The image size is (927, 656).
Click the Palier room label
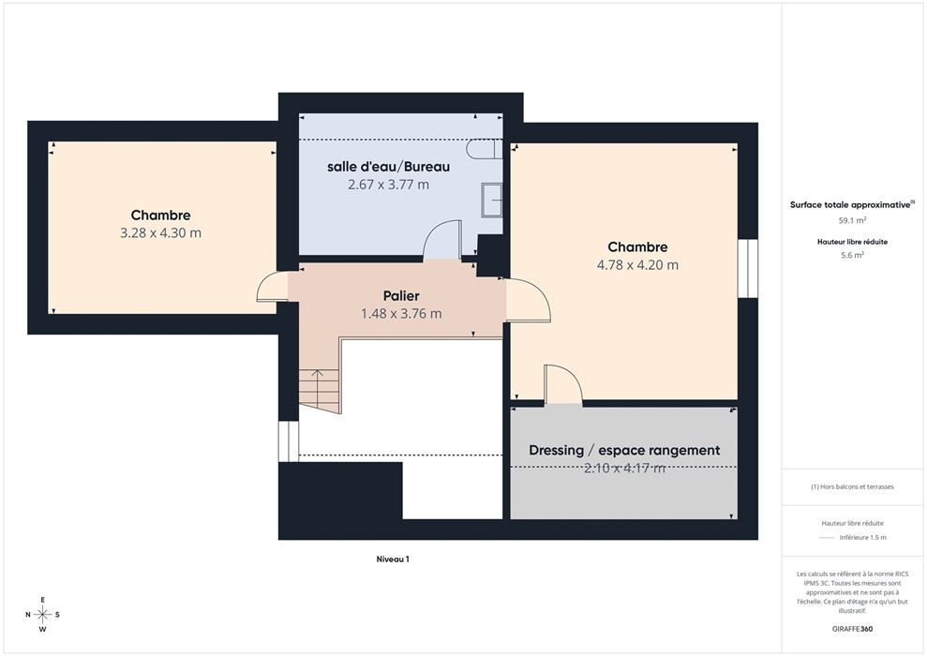coord(401,295)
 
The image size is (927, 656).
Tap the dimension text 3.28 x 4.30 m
coord(161,232)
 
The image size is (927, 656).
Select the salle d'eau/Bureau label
coord(388,167)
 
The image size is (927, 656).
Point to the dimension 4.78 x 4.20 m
coord(637,265)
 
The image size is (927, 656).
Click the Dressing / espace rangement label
coord(624,451)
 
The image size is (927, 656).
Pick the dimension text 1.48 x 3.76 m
coord(401,313)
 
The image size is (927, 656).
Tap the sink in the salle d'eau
coord(492,200)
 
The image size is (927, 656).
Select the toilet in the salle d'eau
coord(485,149)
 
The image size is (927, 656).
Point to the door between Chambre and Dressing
coord(562,384)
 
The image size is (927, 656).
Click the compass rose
coord(42,615)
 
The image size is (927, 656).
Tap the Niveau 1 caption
coord(393,559)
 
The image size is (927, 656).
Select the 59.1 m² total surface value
coord(853,220)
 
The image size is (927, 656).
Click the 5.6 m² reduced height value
coord(853,255)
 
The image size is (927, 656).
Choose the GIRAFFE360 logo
coord(852,629)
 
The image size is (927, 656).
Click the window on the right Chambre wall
coord(748,268)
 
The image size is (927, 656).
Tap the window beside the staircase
coord(289,440)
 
